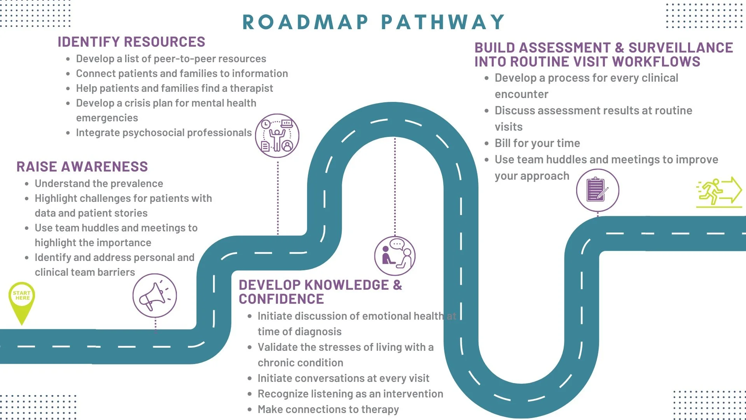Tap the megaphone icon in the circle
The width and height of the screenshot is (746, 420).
pos(154,296)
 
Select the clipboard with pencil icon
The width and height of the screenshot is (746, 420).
pos(597,190)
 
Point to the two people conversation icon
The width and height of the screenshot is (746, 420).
pos(395,256)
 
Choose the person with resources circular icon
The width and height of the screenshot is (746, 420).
pos(277,136)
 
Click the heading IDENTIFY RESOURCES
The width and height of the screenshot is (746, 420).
pos(131,42)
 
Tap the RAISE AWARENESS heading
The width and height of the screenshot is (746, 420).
pos(82,166)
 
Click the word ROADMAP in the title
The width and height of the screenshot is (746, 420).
pos(305,22)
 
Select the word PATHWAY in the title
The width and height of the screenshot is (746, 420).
pos(443,22)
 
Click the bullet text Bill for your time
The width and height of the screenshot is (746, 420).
pos(537,143)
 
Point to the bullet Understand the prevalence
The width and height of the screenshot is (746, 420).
pos(99,184)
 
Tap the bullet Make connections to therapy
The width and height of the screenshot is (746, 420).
pos(328,409)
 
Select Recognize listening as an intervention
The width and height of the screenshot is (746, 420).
pos(350,394)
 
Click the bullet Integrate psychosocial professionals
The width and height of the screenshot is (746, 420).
pos(164,133)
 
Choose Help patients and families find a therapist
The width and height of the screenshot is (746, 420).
pos(174,88)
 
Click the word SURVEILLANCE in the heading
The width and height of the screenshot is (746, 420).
pos(680,47)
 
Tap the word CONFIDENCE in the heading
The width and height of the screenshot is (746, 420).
pos(281,299)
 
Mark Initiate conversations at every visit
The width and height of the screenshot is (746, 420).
pos(343,378)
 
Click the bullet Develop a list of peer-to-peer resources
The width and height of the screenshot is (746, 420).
pos(171,59)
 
